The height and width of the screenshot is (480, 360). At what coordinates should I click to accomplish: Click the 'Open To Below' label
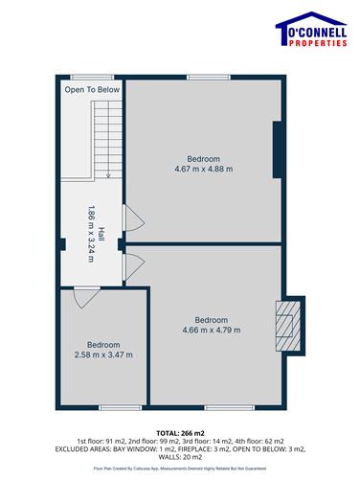tap(92, 90)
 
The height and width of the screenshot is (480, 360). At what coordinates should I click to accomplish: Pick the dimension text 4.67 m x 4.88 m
tap(203, 170)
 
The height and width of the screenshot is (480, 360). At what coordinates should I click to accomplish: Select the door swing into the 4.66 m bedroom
tap(134, 263)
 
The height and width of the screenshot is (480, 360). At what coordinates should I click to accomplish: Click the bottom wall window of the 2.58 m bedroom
tap(104, 406)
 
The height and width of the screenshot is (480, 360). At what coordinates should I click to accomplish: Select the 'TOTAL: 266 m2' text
tap(180, 433)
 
